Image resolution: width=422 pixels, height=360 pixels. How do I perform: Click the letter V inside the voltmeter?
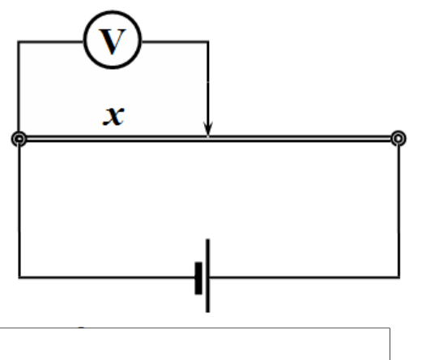(113, 41)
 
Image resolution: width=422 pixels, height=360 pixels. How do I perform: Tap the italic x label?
(113, 116)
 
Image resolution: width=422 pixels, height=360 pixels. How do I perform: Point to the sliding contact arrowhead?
(207, 129)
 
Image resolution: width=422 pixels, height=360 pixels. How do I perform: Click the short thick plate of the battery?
(198, 278)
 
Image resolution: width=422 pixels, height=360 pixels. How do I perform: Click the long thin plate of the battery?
(207, 276)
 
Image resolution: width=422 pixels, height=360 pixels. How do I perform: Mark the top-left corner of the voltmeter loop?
(19, 41)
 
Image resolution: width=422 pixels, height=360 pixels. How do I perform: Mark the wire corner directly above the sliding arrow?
(208, 41)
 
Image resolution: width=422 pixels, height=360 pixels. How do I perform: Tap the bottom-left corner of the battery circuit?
(19, 277)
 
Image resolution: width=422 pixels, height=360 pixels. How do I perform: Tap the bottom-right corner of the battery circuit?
(399, 277)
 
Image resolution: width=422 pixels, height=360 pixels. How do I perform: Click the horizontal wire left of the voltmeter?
(51, 41)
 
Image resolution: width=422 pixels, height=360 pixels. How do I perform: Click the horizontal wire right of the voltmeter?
(175, 41)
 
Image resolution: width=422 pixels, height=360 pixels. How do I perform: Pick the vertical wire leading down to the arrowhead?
(208, 86)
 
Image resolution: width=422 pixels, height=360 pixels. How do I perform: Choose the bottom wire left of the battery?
(107, 277)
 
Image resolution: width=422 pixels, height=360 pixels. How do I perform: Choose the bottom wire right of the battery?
(305, 277)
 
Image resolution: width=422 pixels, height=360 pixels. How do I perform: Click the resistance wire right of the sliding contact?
(300, 139)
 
